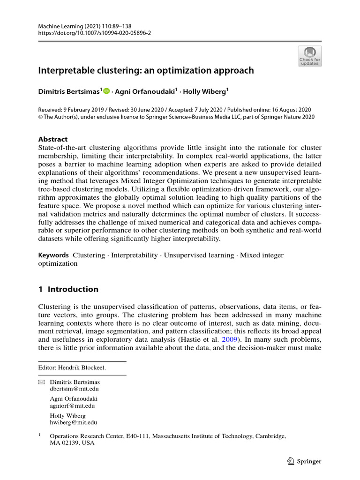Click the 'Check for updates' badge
pos(310,56)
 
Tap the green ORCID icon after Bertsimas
pos(106,92)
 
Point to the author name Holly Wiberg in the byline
pos(205,92)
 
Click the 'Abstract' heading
pos(52,139)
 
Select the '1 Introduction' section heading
pos(68,289)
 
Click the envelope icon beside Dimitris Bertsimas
pos(41,382)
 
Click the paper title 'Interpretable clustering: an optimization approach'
pos(146,70)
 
